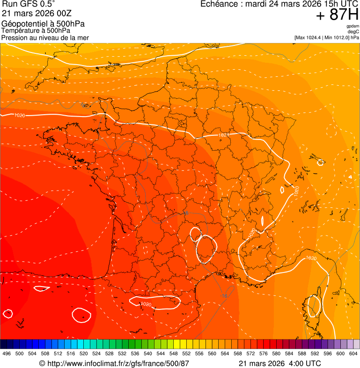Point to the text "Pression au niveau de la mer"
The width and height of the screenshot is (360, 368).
[45, 37]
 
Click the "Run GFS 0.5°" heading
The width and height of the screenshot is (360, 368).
[29, 4]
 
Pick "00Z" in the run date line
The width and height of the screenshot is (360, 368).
[62, 13]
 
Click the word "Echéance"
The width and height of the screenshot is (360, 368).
[219, 4]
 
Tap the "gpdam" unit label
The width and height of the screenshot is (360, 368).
[353, 26]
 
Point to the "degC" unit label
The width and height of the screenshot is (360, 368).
[353, 31]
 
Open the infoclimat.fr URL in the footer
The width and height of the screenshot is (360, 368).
[118, 363]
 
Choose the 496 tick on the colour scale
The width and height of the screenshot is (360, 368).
[7, 353]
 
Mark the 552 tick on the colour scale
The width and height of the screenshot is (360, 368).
[186, 353]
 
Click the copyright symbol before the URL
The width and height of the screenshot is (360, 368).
[42, 363]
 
